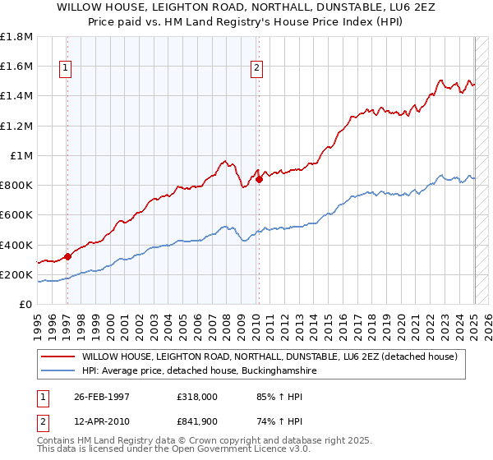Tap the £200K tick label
(x=16, y=274)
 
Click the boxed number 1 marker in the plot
(x=64, y=68)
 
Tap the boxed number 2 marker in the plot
(x=257, y=68)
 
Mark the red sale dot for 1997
(x=68, y=256)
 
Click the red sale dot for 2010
(x=259, y=179)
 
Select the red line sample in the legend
(x=58, y=356)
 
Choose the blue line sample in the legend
(x=58, y=371)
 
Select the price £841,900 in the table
(x=196, y=421)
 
